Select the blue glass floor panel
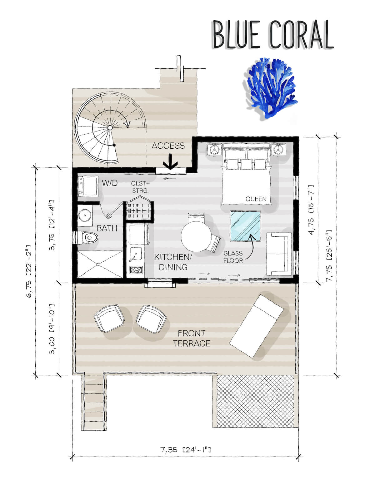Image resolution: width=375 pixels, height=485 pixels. pyautogui.click(x=245, y=226)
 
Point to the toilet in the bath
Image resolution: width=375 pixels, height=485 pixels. pyautogui.click(x=88, y=238)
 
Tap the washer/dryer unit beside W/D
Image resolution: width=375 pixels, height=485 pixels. pyautogui.click(x=88, y=186)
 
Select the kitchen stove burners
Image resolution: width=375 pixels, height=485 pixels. pyautogui.click(x=136, y=270)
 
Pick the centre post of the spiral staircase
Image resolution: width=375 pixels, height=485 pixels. pyautogui.click(x=110, y=127)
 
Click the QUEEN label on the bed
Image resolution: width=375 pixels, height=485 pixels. pyautogui.click(x=256, y=199)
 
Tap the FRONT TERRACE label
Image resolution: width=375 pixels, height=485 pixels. pyautogui.click(x=192, y=338)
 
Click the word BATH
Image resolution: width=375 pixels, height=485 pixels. pyautogui.click(x=107, y=228)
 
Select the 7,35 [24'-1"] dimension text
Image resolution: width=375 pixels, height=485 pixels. pyautogui.click(x=185, y=449)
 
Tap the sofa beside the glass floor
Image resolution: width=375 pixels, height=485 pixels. pyautogui.click(x=279, y=254)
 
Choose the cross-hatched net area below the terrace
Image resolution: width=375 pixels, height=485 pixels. pyautogui.click(x=255, y=401)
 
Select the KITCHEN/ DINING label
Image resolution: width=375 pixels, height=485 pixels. pyautogui.click(x=173, y=262)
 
